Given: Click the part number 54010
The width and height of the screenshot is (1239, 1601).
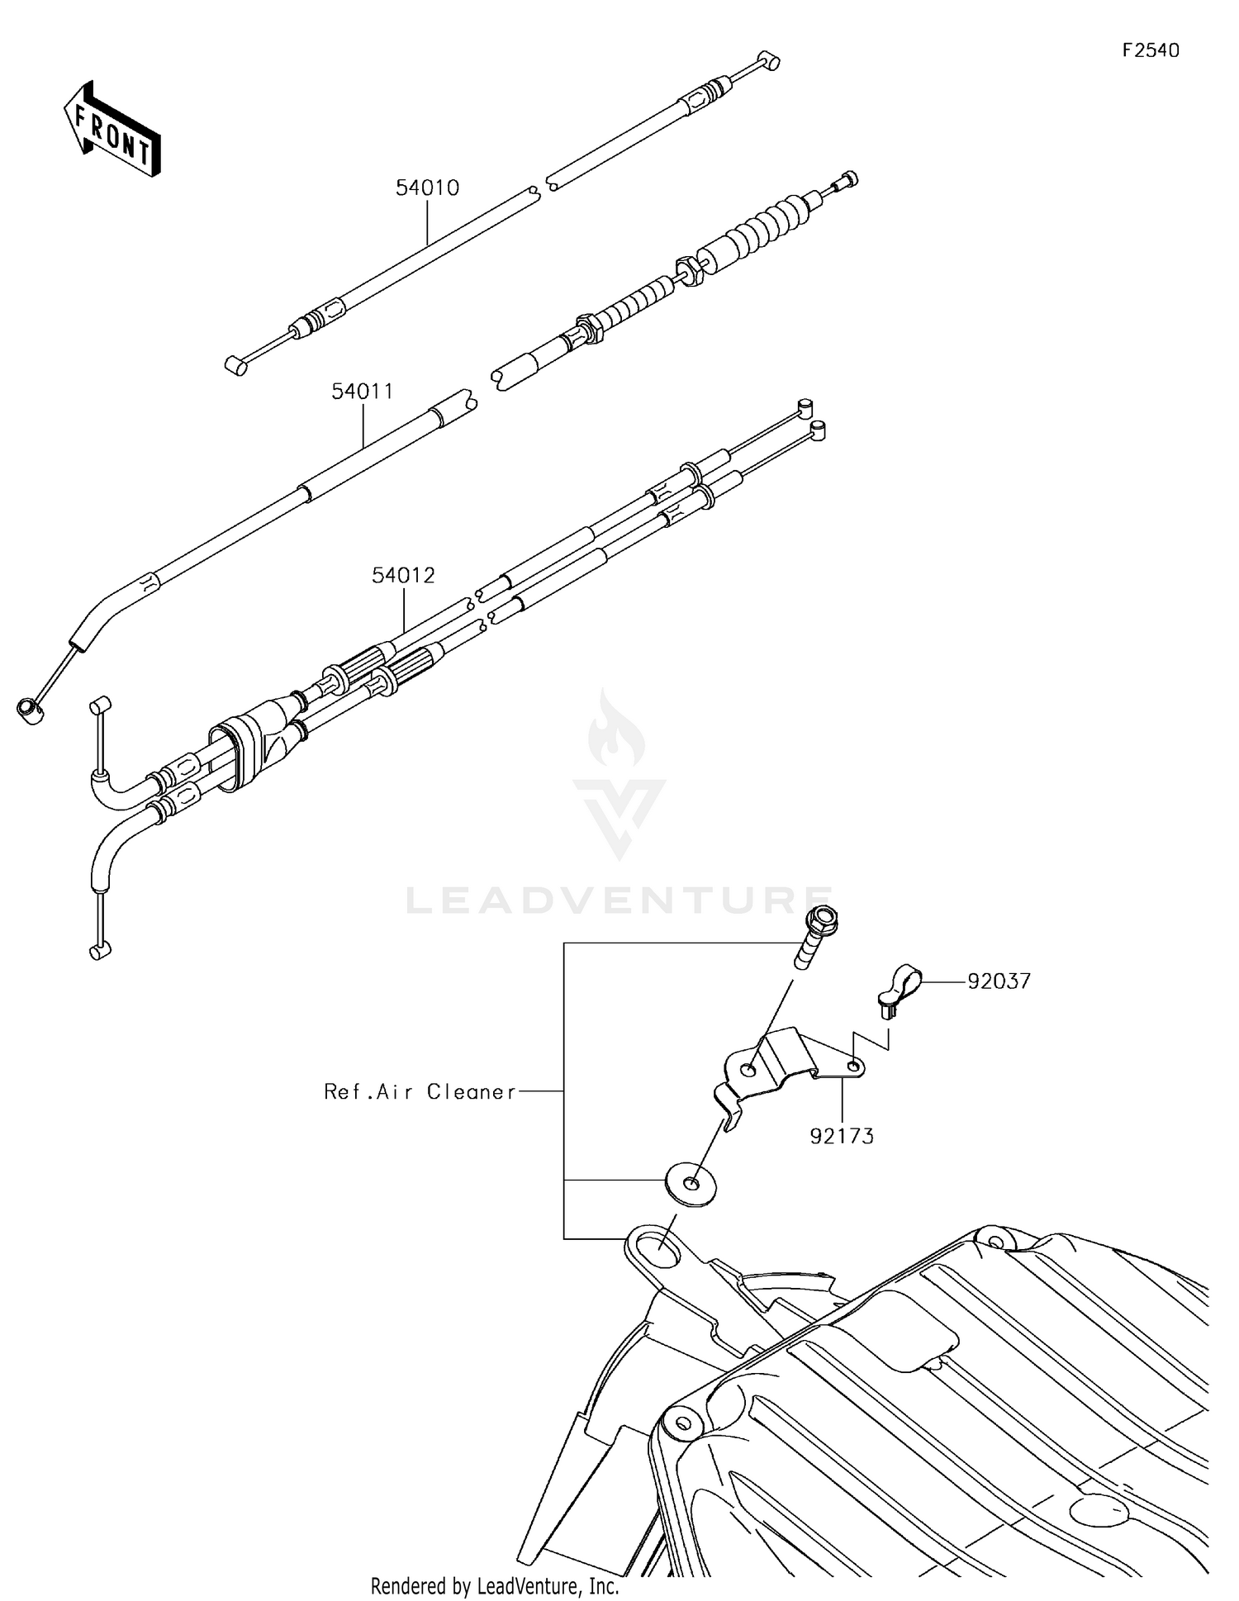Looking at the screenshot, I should click(x=427, y=188).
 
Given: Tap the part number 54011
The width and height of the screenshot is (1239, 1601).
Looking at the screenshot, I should click(x=363, y=392).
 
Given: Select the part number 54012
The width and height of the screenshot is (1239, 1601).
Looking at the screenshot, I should click(x=403, y=576).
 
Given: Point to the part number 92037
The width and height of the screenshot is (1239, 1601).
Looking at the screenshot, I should click(x=999, y=981).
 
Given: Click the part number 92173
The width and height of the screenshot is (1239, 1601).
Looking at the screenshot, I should click(x=842, y=1137).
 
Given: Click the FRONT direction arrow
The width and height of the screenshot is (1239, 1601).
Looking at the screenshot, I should click(x=112, y=130).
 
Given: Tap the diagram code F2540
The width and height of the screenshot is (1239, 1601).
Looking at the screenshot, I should click(x=1151, y=50).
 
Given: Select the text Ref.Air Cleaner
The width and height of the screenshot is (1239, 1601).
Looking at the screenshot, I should click(x=420, y=1092).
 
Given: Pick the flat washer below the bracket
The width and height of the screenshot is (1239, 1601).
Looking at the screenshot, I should click(x=690, y=1185).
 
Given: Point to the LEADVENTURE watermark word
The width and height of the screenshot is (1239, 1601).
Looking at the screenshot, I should click(x=619, y=900).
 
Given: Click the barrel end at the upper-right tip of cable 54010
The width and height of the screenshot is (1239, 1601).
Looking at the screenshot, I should click(x=769, y=61).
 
